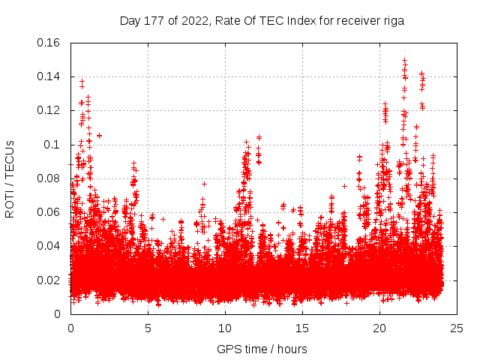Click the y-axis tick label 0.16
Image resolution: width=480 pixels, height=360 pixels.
pyautogui.click(x=49, y=43)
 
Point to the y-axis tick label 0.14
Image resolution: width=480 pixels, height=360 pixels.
pyautogui.click(x=49, y=76)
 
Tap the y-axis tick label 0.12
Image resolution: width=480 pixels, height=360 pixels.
pyautogui.click(x=49, y=110)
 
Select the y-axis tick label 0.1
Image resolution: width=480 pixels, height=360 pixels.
pyautogui.click(x=52, y=144)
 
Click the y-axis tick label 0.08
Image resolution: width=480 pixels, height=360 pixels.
pyautogui.click(x=49, y=178)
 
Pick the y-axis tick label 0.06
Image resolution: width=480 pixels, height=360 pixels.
pyautogui.click(x=49, y=212)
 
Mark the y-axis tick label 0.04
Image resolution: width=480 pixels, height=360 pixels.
pyautogui.click(x=49, y=246)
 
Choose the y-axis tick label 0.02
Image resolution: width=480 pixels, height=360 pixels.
pyautogui.click(x=49, y=280)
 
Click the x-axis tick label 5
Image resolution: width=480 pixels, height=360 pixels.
pyautogui.click(x=148, y=328)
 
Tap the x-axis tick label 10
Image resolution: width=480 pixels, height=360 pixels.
pyautogui.click(x=225, y=328)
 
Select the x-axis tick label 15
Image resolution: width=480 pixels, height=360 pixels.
pyautogui.click(x=302, y=328)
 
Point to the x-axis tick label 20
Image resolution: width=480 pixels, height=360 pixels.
pyautogui.click(x=379, y=328)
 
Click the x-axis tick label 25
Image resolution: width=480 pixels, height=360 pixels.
pyautogui.click(x=457, y=328)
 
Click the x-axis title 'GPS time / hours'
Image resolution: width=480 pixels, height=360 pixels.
pyautogui.click(x=262, y=349)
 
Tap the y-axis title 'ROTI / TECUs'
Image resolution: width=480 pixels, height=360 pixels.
pyautogui.click(x=10, y=178)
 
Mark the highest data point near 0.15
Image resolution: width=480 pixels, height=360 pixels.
pyautogui.click(x=405, y=60)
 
